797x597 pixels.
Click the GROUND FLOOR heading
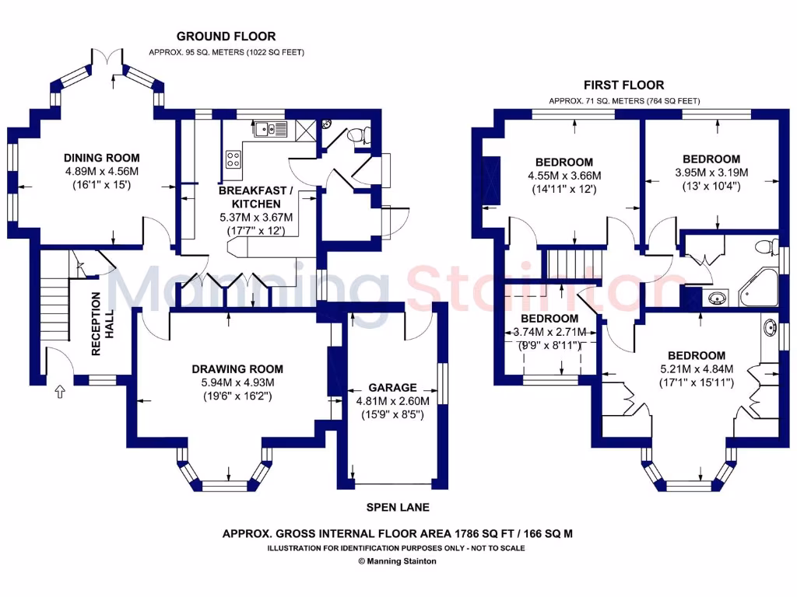coord(226,36)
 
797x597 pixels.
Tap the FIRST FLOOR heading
coord(624,85)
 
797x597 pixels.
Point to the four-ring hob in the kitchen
coord(233,159)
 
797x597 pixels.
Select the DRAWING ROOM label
coord(237,369)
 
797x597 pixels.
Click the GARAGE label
coord(393,387)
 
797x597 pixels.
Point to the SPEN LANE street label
coord(398,508)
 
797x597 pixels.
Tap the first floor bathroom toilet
coord(769,246)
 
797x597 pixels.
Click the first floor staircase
coord(567,264)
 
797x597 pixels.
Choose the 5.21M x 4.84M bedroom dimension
coord(697,369)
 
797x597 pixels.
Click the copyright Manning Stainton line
coord(397,560)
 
